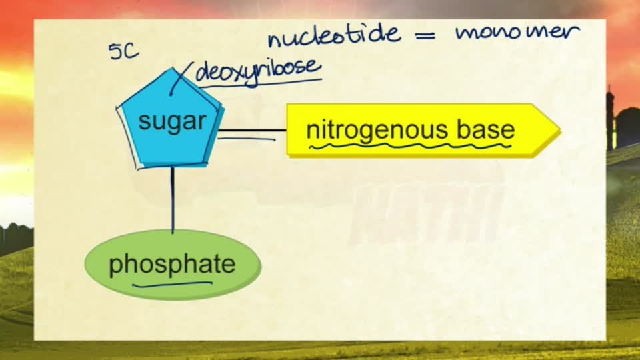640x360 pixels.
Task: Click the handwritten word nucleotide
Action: click(334, 35)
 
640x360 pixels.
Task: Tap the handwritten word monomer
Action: click(517, 32)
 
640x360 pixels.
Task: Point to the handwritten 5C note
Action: click(124, 51)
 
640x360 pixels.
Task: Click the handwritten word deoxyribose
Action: click(258, 71)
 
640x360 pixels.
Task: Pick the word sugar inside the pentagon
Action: click(172, 121)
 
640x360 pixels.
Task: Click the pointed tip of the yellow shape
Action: click(561, 131)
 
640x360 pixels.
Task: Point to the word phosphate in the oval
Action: click(172, 265)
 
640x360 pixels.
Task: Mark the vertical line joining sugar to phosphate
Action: click(172, 199)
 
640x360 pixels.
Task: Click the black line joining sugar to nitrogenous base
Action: click(252, 130)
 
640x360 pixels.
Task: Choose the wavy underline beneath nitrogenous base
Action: click(410, 146)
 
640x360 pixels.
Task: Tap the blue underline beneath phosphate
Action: click(172, 284)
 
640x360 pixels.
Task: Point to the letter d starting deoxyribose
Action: click(203, 73)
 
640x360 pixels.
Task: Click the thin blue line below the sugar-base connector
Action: click(247, 139)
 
